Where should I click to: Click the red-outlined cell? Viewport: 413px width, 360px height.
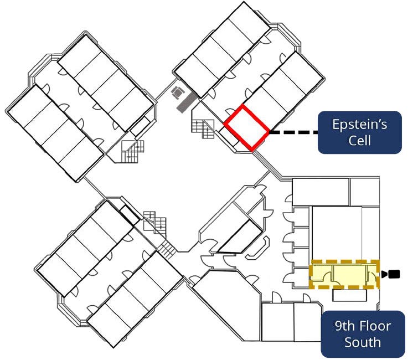[247, 127]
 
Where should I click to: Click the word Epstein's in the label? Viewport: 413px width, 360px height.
[359, 124]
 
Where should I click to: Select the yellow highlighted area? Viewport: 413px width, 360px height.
[344, 274]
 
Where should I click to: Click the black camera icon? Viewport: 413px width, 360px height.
[391, 274]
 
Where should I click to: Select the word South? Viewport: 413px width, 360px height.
[363, 342]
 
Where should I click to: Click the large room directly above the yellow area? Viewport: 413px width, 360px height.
[337, 233]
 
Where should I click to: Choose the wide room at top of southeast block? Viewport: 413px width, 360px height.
[320, 191]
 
